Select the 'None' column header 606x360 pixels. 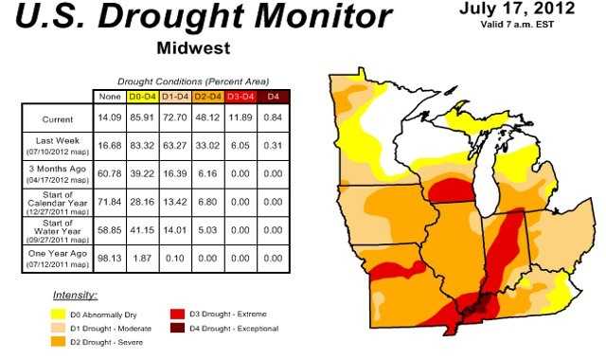[109, 97]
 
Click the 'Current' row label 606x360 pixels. [58, 119]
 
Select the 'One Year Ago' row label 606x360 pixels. [58, 257]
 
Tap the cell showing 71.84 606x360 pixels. [109, 203]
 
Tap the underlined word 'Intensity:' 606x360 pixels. [75, 296]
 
